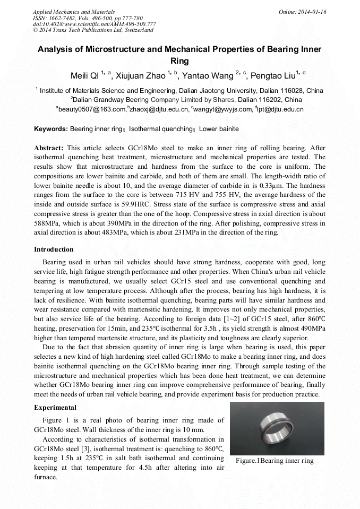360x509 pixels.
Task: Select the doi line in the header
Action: (94, 24)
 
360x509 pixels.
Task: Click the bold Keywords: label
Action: (51, 129)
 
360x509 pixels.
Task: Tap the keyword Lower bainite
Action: (219, 129)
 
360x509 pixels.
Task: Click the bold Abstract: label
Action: (49, 148)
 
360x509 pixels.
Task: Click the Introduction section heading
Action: (54, 249)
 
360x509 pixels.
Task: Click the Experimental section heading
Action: (55, 408)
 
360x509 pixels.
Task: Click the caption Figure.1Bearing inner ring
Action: (275, 461)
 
